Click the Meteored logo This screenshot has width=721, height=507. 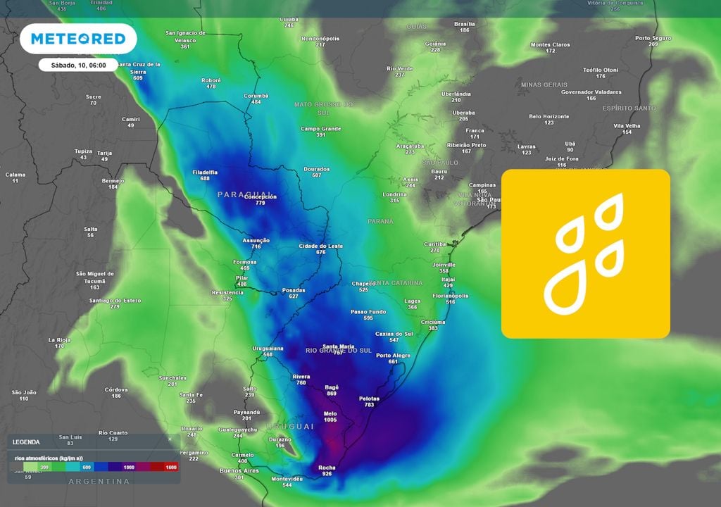[78, 39]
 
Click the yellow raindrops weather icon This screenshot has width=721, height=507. [585, 254]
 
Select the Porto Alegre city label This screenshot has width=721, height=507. [393, 356]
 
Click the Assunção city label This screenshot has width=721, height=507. [256, 241]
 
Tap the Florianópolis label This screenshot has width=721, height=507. [451, 296]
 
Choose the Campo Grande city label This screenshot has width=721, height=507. [320, 129]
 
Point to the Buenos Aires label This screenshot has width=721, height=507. [240, 470]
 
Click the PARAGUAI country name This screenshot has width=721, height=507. [245, 194]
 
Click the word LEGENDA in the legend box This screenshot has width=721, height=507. [27, 442]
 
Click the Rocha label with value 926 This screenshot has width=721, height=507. [327, 468]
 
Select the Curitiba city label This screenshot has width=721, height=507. [435, 244]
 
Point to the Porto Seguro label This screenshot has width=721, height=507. [653, 38]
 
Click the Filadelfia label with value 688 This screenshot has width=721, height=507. [205, 172]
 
